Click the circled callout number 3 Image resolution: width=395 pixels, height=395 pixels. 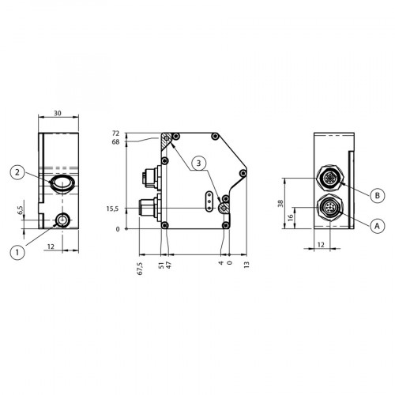[x=201, y=162]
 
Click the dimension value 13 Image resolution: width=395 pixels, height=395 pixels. [x=247, y=264]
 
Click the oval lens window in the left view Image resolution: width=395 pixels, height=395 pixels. [x=62, y=183]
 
